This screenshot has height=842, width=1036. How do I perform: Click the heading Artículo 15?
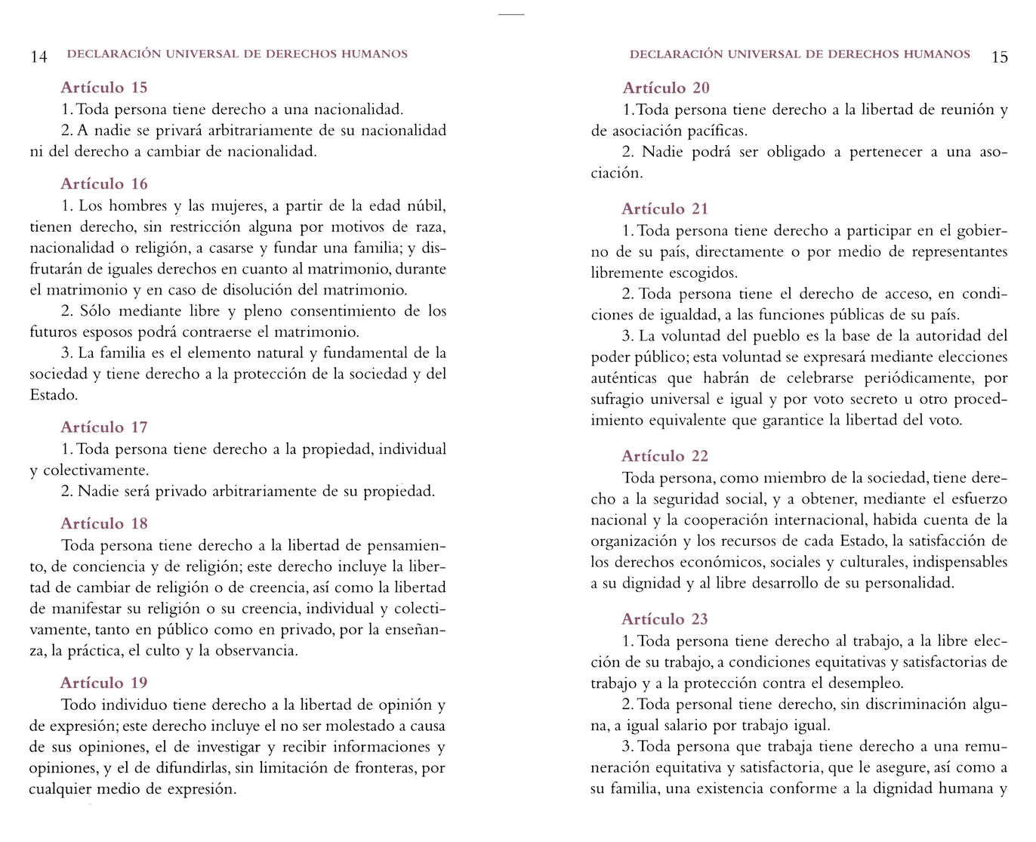tap(104, 88)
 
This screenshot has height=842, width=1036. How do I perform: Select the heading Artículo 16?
tap(104, 184)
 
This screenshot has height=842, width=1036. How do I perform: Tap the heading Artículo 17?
tap(104, 427)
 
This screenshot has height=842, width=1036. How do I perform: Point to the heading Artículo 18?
tap(104, 524)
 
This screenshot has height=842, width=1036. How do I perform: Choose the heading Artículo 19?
tap(104, 683)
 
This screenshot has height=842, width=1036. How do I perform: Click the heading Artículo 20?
tap(666, 88)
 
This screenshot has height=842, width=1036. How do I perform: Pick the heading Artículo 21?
tap(665, 209)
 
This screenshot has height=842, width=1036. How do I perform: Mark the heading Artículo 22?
tap(665, 456)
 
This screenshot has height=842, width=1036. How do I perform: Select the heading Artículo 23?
tap(665, 620)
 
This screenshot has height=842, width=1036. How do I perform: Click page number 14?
tap(39, 57)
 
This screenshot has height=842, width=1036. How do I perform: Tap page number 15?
tap(999, 57)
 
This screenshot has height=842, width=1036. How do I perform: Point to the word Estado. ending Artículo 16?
tap(54, 395)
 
